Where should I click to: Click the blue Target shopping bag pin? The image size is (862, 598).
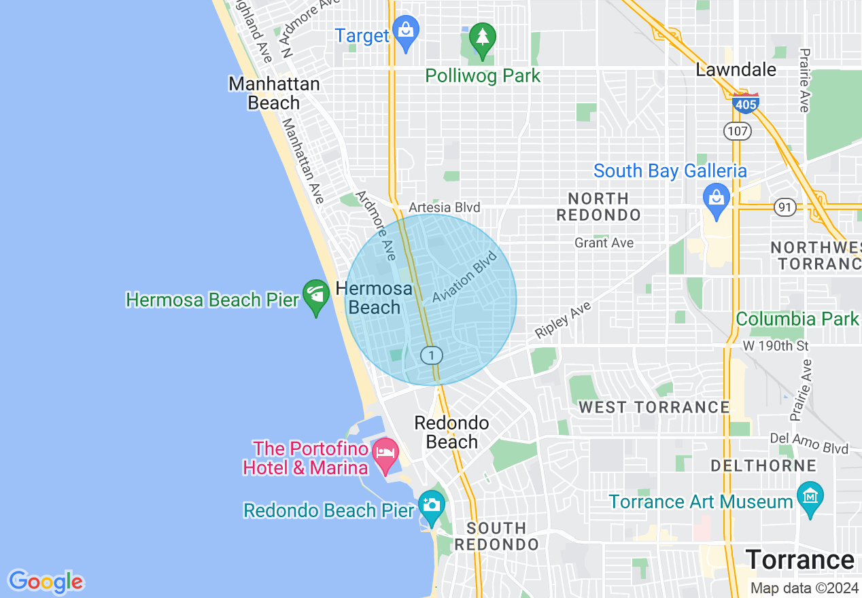pos(406,33)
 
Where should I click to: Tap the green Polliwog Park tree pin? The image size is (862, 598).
pos(483,40)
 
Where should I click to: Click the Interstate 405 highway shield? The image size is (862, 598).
pos(746,103)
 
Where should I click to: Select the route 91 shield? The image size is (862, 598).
pos(786,207)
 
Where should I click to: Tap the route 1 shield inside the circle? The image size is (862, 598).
pos(432,355)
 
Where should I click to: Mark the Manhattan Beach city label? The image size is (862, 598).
pos(274,93)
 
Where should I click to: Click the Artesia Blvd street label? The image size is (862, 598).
pos(445,207)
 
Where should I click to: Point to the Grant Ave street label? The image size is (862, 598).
pos(604,243)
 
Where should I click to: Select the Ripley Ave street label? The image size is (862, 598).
pos(563,320)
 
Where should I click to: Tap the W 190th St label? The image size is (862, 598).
pos(775,346)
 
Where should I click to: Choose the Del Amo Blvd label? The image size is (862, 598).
pos(809,444)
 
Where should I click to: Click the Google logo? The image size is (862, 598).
pos(46,582)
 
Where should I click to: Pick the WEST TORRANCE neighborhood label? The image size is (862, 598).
pos(653,407)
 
